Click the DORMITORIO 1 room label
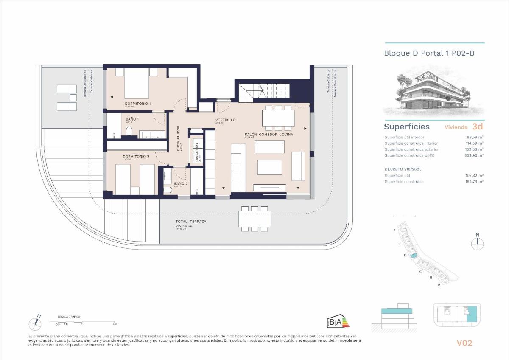[138, 104]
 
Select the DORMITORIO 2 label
[136, 157]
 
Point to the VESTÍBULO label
[225, 120]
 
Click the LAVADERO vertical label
[197, 151]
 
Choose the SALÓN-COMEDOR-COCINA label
[269, 135]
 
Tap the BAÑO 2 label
[181, 183]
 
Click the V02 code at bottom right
[464, 343]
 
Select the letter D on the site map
[405, 255]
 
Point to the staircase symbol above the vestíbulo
[263, 90]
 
